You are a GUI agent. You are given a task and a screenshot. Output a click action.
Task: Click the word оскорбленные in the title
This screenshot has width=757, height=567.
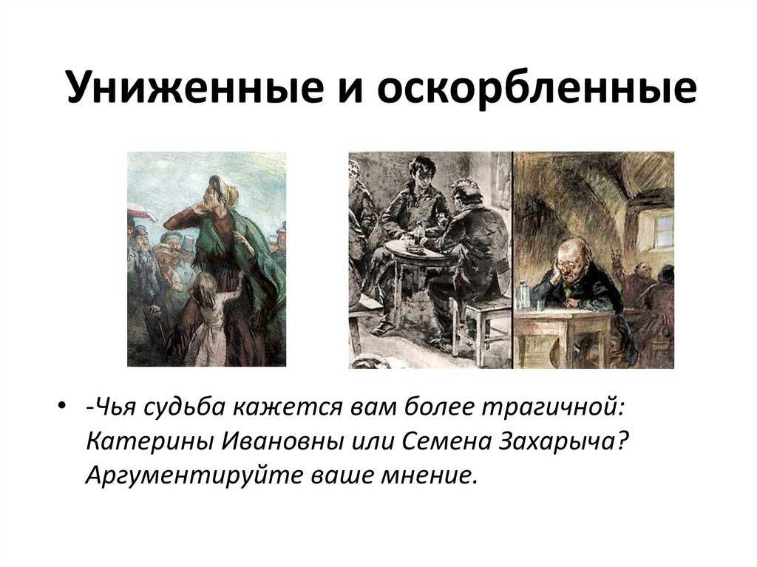point(537,89)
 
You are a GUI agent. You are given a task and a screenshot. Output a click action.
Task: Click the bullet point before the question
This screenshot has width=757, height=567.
point(61,406)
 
